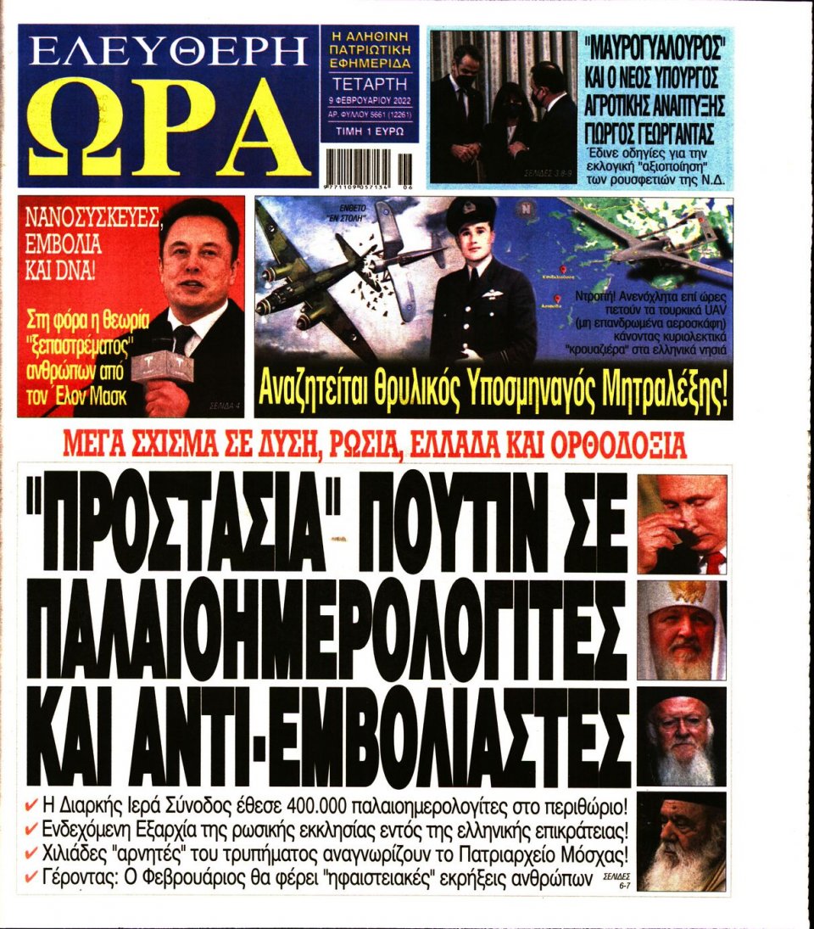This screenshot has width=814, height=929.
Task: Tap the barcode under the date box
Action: pyautogui.click(x=369, y=165)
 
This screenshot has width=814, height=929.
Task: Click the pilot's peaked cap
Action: pyautogui.click(x=471, y=212)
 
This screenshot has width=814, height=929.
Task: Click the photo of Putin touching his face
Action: pyautogui.click(x=682, y=524)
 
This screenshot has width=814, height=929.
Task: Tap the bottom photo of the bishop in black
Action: pyautogui.click(x=682, y=840)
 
